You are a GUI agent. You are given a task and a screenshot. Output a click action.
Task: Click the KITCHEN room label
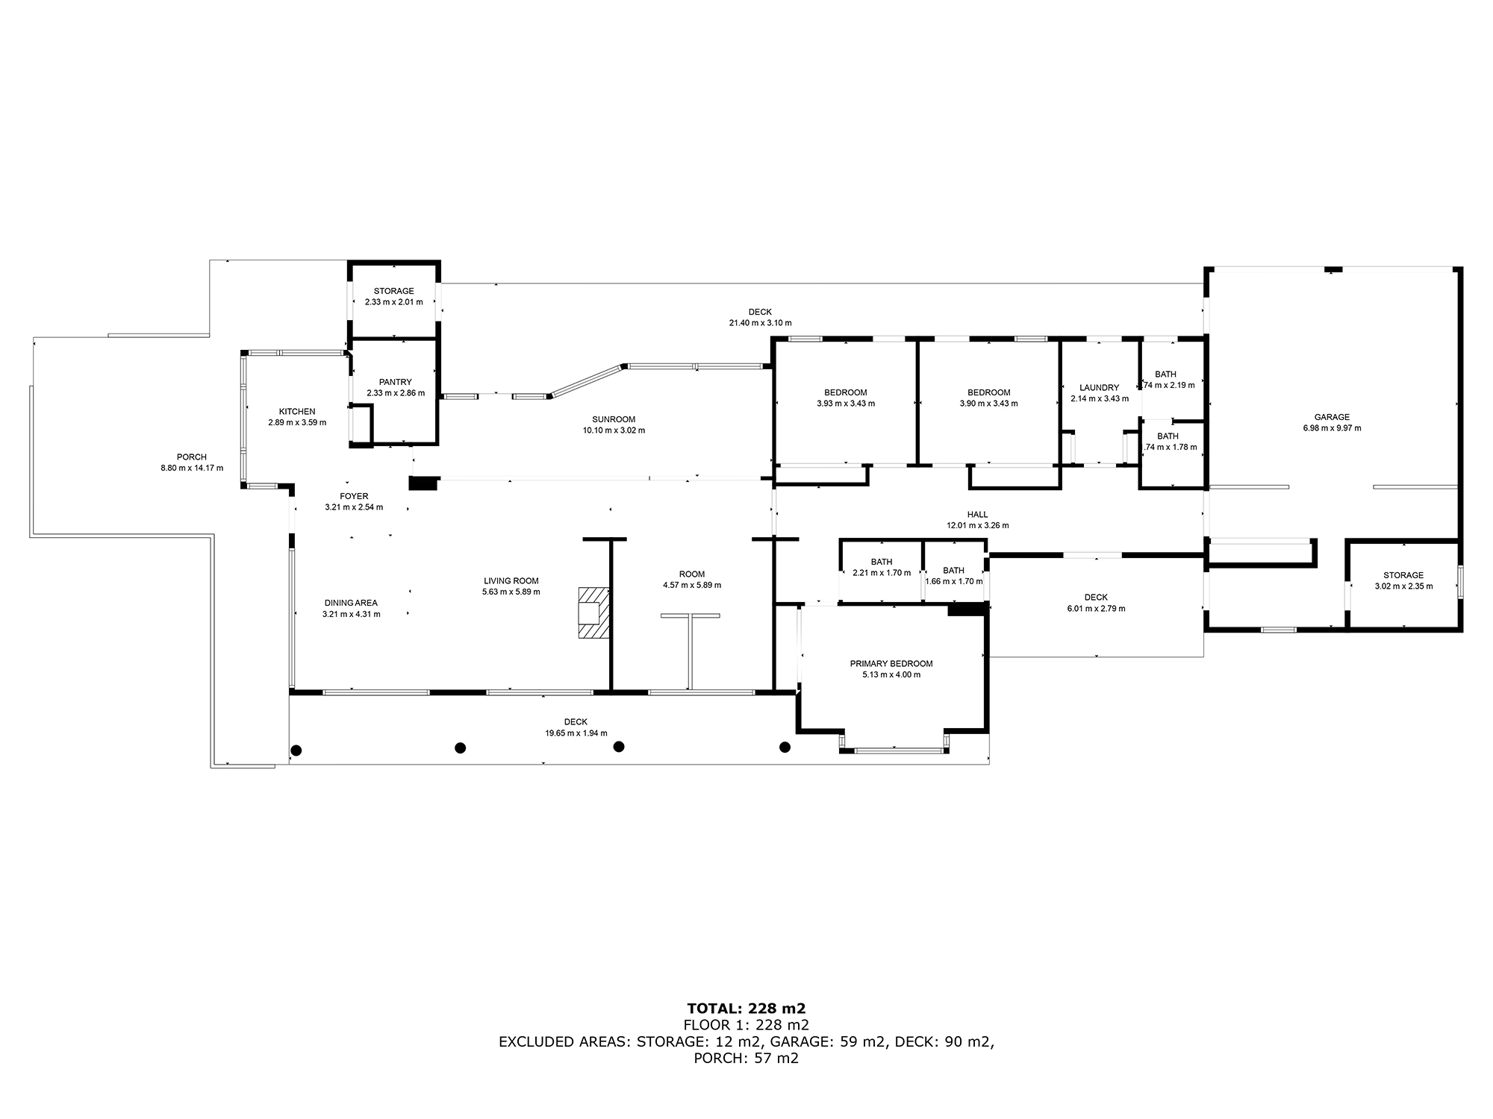[x=297, y=412]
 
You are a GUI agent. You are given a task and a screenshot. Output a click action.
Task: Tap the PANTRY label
[x=395, y=382]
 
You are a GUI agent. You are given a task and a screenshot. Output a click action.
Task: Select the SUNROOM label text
[x=614, y=419]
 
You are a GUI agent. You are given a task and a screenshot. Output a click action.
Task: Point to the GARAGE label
[x=1332, y=417]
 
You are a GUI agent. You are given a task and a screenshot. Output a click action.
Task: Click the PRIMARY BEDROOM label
[x=891, y=663]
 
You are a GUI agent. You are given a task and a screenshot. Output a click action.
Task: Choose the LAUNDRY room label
[x=1099, y=387]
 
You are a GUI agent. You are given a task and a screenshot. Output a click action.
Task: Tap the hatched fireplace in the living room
[x=594, y=612]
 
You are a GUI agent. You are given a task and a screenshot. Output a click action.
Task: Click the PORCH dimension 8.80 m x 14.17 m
[x=192, y=468]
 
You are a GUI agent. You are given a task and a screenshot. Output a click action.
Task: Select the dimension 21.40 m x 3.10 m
[x=760, y=323]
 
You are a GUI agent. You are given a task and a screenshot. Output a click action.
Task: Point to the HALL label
[x=977, y=514]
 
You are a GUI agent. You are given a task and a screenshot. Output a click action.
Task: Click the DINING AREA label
[x=351, y=603]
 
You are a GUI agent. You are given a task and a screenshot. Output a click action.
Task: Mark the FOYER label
[x=354, y=496]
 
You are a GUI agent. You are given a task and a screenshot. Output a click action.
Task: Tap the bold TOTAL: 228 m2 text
[x=746, y=1009]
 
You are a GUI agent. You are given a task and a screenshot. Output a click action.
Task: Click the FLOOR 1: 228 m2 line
[x=746, y=1025]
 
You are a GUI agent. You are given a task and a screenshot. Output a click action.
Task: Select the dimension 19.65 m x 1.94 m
[x=576, y=733]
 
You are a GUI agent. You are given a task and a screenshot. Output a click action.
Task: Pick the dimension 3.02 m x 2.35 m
[x=1403, y=586]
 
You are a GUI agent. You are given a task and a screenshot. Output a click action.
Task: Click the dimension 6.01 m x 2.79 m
[x=1096, y=609]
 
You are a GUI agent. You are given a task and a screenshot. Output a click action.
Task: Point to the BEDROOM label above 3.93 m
[x=846, y=392]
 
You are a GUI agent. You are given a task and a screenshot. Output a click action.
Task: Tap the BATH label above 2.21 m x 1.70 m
[x=882, y=562]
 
